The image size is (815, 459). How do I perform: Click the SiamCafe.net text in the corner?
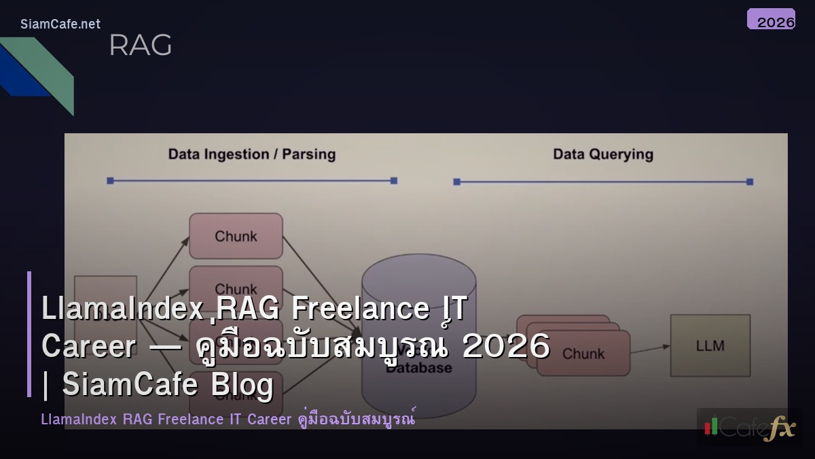60,24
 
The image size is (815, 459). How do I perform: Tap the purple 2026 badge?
771,19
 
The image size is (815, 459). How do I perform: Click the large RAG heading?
140,46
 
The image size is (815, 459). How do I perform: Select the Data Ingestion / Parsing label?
252,154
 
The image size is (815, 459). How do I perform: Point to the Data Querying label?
603,154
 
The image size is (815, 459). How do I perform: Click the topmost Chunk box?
236,236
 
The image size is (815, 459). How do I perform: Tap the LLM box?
710,345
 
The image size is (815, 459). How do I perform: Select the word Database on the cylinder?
419,368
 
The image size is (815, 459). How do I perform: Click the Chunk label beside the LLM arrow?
583,354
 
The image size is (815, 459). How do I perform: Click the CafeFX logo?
750,427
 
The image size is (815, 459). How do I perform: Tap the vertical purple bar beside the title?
29,334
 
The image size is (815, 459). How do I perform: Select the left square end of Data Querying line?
456,182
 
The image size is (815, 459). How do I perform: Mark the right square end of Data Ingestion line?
394,180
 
